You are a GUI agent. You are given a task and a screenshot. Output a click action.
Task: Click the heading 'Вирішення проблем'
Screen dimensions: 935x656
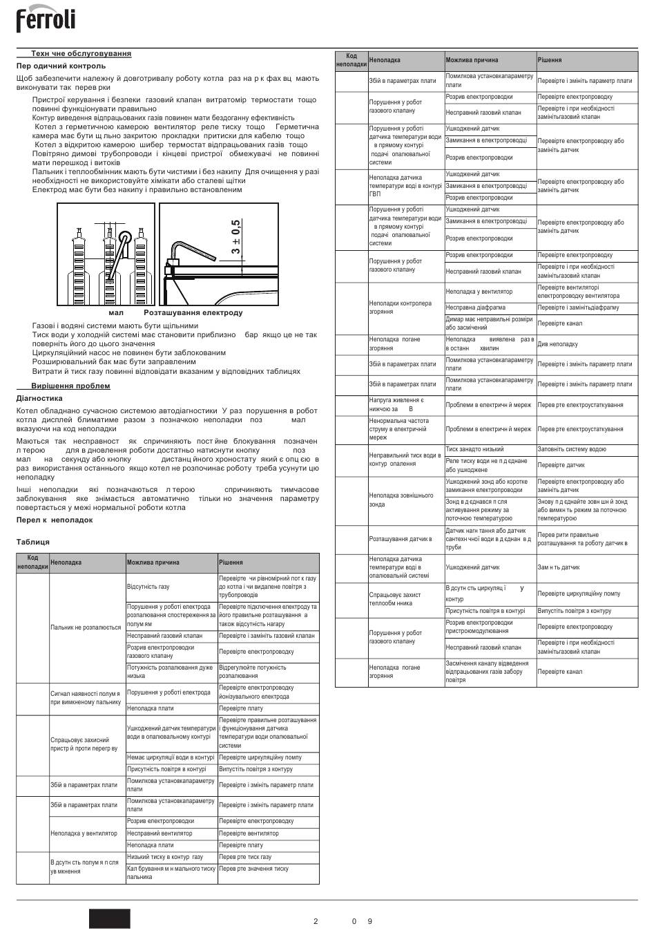pos(70,386)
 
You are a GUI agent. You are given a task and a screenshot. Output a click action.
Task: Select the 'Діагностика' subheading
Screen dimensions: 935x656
pos(39,398)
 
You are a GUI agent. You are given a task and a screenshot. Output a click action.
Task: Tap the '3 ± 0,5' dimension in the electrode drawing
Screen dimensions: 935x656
pos(237,237)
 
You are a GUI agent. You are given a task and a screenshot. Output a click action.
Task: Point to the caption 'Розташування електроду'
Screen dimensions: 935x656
pos(193,312)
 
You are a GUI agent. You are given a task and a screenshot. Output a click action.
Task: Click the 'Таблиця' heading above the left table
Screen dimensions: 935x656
pos(33,542)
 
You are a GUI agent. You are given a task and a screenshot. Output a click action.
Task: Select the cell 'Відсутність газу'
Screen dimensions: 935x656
pos(148,587)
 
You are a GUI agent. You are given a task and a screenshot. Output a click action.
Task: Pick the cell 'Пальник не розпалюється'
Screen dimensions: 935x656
pos(86,627)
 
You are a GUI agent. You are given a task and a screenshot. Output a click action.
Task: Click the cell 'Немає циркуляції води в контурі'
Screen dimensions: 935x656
pos(171,757)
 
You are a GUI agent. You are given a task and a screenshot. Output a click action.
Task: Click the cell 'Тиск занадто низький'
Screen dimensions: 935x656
pos(474,449)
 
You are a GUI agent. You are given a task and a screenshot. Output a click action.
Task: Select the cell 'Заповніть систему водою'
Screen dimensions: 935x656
pos(572,449)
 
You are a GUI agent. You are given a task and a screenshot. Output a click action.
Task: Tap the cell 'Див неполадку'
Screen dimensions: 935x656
pos(558,344)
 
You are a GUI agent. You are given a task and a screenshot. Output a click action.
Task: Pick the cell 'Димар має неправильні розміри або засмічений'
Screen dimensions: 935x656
pos(490,323)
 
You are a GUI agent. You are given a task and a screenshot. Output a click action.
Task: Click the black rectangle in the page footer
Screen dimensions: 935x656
pos(109,918)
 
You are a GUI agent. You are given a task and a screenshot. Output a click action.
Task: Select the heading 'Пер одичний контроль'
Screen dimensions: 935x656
pos(61,66)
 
